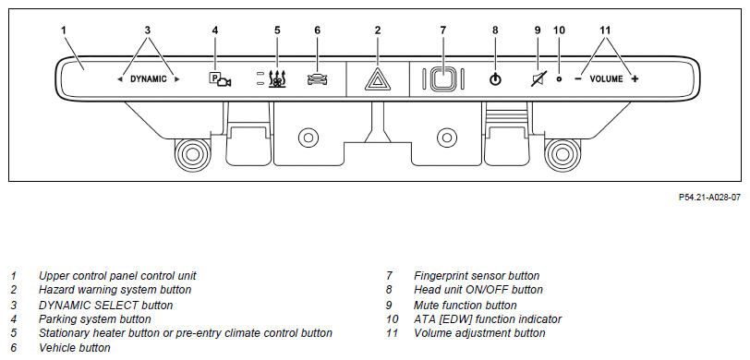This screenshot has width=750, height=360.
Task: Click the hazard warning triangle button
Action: (378, 79)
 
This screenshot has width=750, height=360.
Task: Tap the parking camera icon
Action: (220, 79)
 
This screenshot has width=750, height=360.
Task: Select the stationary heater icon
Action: (276, 79)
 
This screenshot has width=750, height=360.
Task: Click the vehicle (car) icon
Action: (317, 79)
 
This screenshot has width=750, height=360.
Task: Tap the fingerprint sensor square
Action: (443, 78)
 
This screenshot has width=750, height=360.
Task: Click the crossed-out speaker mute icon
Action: (538, 78)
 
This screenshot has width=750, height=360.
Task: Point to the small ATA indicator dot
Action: (559, 78)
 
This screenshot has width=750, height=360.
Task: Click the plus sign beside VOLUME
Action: (635, 78)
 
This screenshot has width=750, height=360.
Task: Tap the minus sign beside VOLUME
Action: (578, 78)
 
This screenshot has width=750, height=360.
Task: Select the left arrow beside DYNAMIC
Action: (119, 79)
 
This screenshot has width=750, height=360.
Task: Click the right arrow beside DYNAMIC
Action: (177, 79)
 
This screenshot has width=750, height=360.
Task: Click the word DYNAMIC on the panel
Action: (149, 79)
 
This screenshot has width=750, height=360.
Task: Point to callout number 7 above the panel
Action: (443, 30)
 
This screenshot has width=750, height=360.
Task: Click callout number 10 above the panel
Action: (559, 30)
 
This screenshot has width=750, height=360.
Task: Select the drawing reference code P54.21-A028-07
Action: (709, 197)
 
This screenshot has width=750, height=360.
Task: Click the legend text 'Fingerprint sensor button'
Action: (477, 276)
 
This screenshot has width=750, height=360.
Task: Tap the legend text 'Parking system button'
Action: (95, 318)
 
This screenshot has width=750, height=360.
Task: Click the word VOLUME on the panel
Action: (607, 79)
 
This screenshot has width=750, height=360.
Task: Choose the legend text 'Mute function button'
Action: (465, 305)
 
